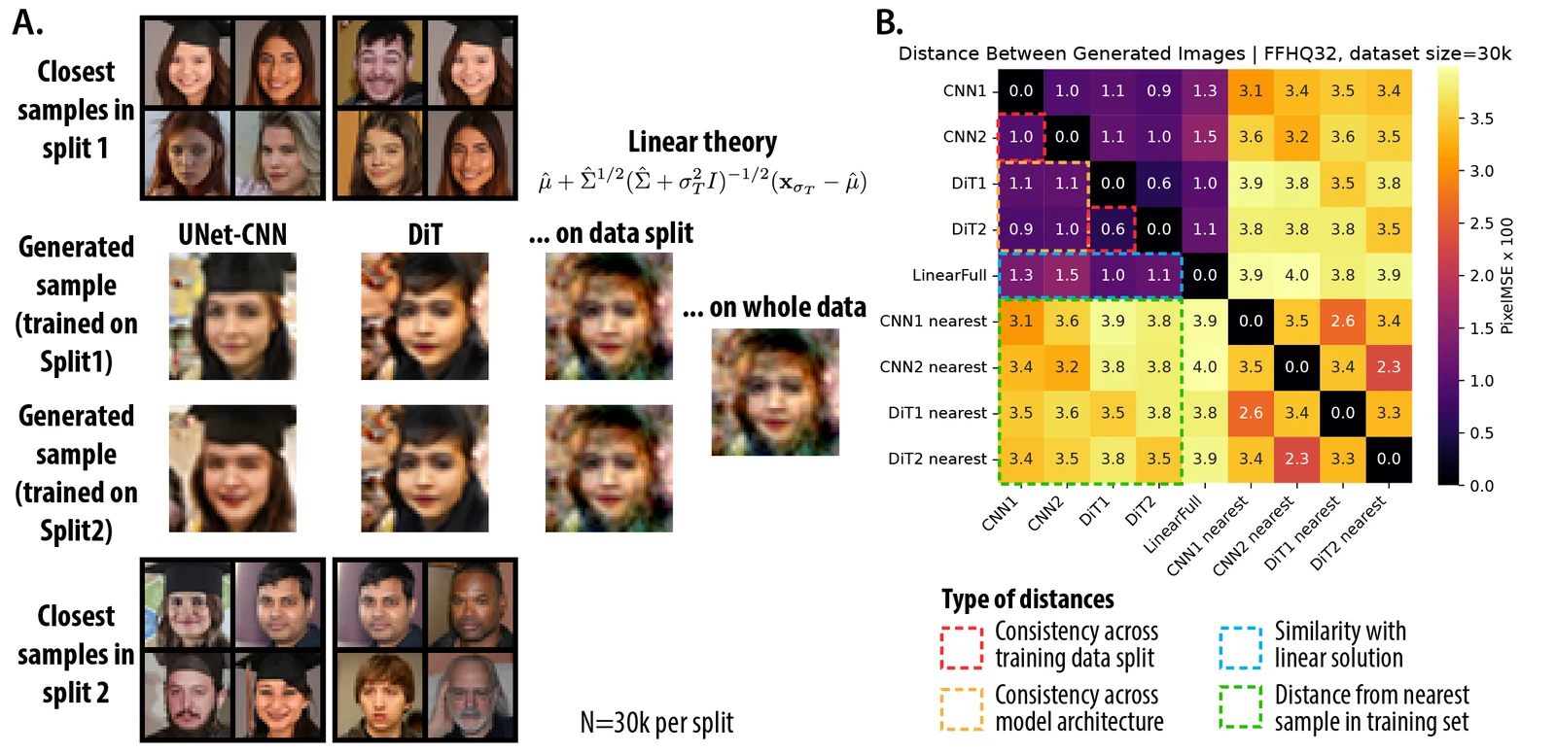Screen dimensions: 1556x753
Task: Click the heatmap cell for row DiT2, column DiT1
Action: pyautogui.click(x=1113, y=229)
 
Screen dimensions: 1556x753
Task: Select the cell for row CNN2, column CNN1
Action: pyautogui.click(x=1021, y=137)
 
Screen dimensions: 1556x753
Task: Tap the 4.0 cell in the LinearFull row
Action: pyautogui.click(x=1297, y=275)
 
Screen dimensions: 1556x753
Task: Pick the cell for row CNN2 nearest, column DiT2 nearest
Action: pyautogui.click(x=1389, y=366)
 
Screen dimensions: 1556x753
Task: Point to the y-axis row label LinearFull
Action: pyautogui.click(x=949, y=276)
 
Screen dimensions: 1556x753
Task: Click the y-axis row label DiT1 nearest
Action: pyautogui.click(x=937, y=413)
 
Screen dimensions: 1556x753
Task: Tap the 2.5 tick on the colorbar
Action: pyautogui.click(x=1481, y=223)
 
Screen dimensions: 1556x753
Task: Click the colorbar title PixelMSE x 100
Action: pyautogui.click(x=1507, y=276)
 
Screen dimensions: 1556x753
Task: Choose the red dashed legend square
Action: pyautogui.click(x=962, y=647)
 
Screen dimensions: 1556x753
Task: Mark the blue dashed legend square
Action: pyautogui.click(x=1241, y=647)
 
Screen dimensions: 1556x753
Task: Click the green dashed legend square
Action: pyautogui.click(x=1241, y=707)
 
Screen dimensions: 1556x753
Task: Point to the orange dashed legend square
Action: pyautogui.click(x=962, y=708)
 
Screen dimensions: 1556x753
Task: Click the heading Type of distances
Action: pyautogui.click(x=1027, y=599)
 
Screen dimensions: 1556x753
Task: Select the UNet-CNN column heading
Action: pyautogui.click(x=232, y=234)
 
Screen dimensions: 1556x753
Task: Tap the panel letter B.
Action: pyautogui.click(x=889, y=22)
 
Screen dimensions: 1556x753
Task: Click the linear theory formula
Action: pyautogui.click(x=702, y=183)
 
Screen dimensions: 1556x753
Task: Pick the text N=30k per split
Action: pyautogui.click(x=656, y=723)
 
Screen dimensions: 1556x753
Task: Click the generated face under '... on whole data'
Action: pyautogui.click(x=775, y=393)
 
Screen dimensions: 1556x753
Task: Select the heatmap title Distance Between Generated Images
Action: pyautogui.click(x=1072, y=53)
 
